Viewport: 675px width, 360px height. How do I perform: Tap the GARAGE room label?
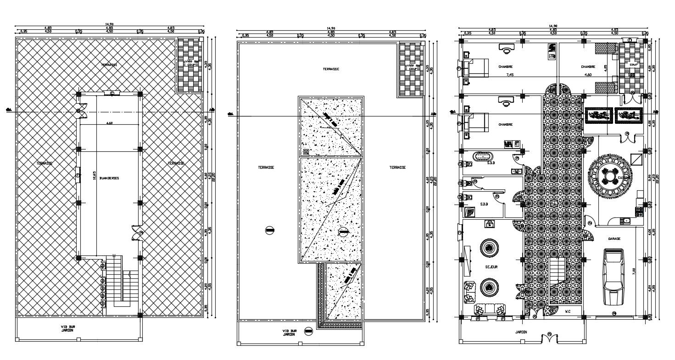click(x=614, y=239)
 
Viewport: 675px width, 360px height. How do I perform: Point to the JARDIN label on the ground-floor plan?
click(x=520, y=332)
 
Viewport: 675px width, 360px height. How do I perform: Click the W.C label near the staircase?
click(x=568, y=312)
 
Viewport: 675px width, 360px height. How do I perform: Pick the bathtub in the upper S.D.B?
click(x=482, y=156)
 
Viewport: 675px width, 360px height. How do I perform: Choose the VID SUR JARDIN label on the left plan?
click(x=68, y=328)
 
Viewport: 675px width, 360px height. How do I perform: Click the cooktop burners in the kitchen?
click(x=638, y=211)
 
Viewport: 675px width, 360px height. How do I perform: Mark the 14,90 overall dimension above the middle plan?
click(x=331, y=28)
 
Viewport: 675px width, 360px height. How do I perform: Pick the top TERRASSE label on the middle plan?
click(x=330, y=69)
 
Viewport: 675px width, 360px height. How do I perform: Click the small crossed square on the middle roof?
click(x=306, y=151)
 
